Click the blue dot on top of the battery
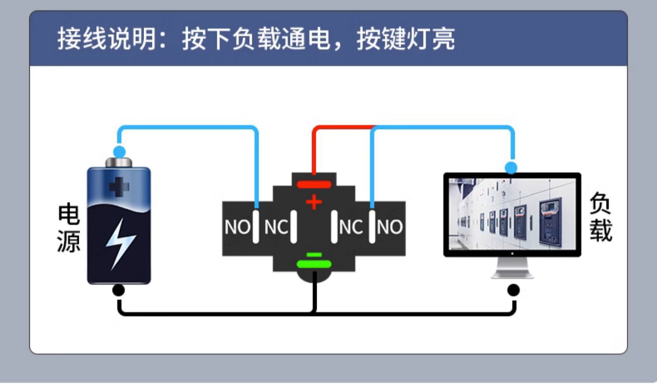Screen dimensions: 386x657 click(x=119, y=152)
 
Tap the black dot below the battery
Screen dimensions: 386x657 click(x=119, y=290)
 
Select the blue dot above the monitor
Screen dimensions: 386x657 click(x=511, y=167)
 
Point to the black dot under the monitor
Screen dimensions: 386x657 click(x=513, y=290)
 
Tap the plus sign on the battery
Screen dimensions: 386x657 click(x=119, y=187)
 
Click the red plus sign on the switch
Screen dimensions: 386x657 click(x=314, y=202)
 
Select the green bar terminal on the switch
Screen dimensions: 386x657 click(x=314, y=264)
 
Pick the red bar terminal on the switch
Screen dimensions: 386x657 click(x=314, y=184)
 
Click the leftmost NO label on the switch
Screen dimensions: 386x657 click(x=237, y=227)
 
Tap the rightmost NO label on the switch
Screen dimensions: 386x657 click(x=389, y=227)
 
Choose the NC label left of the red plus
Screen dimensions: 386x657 click(x=276, y=227)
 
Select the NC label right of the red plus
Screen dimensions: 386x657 click(x=350, y=227)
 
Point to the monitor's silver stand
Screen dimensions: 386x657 click(x=512, y=268)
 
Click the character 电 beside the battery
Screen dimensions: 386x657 click(x=69, y=214)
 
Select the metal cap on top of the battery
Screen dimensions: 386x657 click(x=119, y=163)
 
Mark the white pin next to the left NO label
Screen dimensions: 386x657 click(x=256, y=226)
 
